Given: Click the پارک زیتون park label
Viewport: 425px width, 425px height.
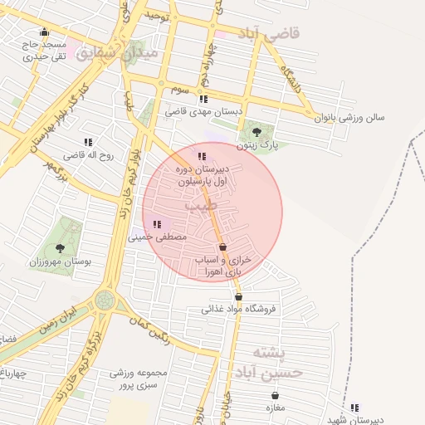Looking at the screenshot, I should tap(256, 145).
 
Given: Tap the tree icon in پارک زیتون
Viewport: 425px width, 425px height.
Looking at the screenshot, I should tap(256, 131).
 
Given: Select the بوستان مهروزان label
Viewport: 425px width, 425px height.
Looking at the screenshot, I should tap(59, 261).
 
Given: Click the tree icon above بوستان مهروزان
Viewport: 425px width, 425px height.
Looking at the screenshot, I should tap(59, 247).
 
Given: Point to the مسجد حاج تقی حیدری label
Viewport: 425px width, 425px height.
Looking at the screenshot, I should tap(45, 51).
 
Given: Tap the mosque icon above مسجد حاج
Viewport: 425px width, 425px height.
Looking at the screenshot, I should tap(45, 32).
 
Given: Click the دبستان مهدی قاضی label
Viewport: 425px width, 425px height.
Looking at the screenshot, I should tap(199, 110).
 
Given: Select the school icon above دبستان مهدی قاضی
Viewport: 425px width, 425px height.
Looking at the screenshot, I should tap(203, 98).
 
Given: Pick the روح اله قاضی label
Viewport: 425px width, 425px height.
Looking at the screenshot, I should tap(88, 155).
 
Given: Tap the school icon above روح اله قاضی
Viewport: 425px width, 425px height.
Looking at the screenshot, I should tap(88, 142).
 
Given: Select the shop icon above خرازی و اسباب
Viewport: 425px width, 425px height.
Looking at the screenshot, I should tap(222, 247).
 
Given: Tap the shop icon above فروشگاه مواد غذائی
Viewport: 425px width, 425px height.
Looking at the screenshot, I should tap(239, 296).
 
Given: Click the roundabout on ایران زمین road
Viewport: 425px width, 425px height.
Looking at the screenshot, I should tap(105, 300).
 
